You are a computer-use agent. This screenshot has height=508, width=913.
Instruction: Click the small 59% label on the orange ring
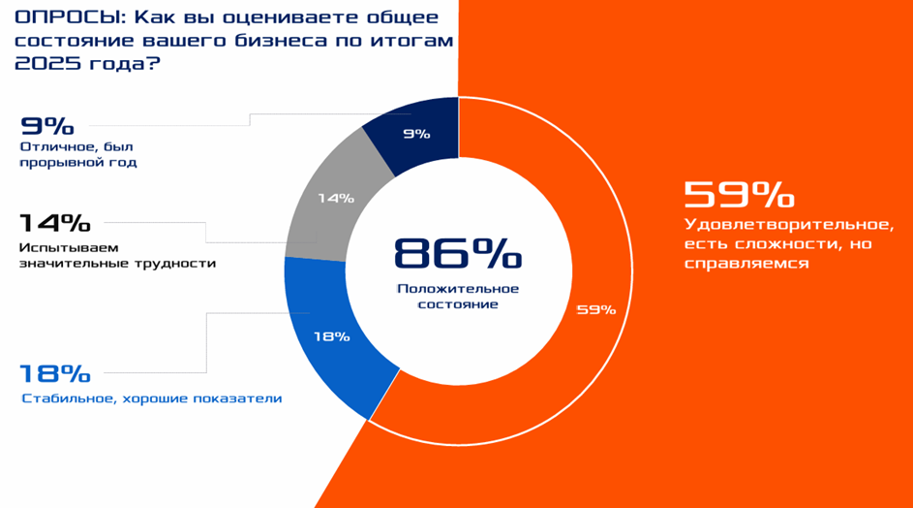pyautogui.click(x=595, y=309)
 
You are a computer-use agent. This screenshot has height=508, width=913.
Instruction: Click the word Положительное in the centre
pyautogui.click(x=457, y=289)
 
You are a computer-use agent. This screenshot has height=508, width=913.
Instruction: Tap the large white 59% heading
pyautogui.click(x=739, y=196)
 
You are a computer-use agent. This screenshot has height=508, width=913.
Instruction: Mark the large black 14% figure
pyautogui.click(x=54, y=223)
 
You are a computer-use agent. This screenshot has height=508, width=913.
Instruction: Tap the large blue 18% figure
pyautogui.click(x=54, y=374)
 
